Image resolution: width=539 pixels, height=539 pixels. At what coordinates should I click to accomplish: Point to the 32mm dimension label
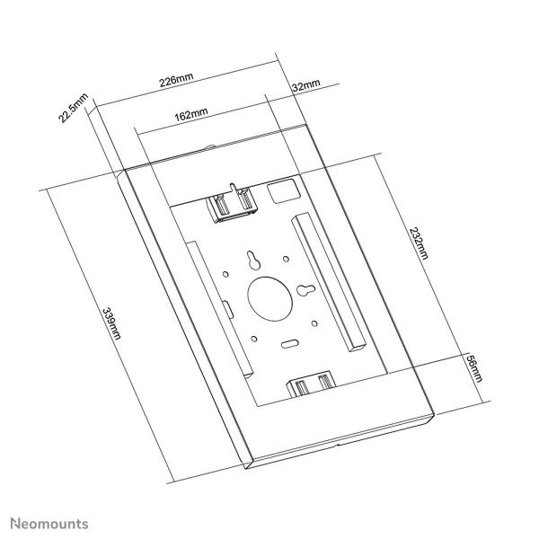[306, 85]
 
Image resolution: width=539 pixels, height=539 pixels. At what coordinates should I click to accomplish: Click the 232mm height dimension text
[417, 242]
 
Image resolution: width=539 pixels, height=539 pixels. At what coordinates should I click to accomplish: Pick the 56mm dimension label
[475, 368]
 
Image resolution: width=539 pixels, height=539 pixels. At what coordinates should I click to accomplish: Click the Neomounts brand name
[49, 522]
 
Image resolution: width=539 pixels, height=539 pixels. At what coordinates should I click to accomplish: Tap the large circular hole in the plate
[268, 297]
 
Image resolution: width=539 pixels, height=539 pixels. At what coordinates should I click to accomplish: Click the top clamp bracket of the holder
[233, 206]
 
